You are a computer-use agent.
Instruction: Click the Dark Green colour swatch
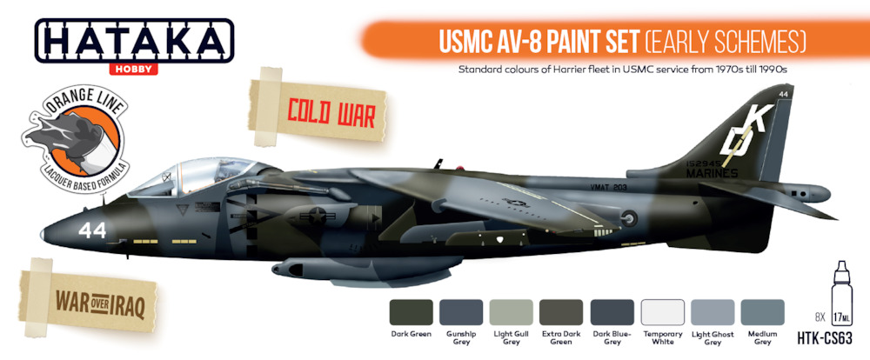click(x=412, y=312)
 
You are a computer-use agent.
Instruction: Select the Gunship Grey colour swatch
click(x=461, y=312)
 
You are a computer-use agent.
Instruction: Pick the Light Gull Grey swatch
click(x=511, y=312)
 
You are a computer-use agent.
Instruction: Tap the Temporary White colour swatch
click(x=662, y=312)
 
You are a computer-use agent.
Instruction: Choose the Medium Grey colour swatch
click(x=762, y=312)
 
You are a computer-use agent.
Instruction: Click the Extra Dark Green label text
click(x=561, y=337)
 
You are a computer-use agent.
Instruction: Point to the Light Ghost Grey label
click(x=713, y=337)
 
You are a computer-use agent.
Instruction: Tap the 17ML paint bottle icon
click(x=841, y=293)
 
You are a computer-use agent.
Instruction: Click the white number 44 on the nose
click(x=92, y=230)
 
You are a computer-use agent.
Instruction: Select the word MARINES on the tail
click(x=712, y=174)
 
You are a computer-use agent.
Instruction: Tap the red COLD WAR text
click(x=331, y=115)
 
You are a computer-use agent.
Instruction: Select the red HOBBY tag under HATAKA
click(x=133, y=70)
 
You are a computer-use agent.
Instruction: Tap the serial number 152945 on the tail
click(x=703, y=164)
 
